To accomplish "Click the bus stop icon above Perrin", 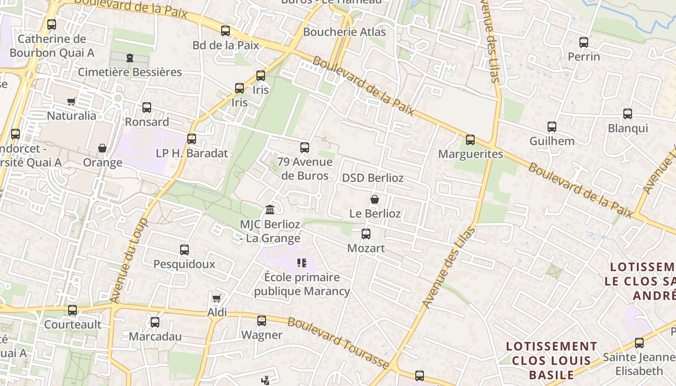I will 584,42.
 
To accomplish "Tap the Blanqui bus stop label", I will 628,129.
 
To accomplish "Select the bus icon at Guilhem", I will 552,127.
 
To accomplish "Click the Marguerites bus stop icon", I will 470,140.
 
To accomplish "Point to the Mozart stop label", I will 366,248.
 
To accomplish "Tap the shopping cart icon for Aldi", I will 217,298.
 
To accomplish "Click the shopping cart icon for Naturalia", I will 71,101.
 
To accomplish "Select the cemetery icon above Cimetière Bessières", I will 129,58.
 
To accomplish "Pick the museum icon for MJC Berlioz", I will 270,210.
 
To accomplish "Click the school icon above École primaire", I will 302,263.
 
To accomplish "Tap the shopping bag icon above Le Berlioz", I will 375,199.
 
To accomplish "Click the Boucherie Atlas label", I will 344,32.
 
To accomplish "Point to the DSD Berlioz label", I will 373,178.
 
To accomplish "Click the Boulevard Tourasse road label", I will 338,342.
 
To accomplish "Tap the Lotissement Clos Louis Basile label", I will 551,360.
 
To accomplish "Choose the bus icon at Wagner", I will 261,320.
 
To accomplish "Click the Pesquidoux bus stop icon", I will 184,250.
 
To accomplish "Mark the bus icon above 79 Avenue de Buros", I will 305,148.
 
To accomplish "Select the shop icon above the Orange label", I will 102,148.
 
